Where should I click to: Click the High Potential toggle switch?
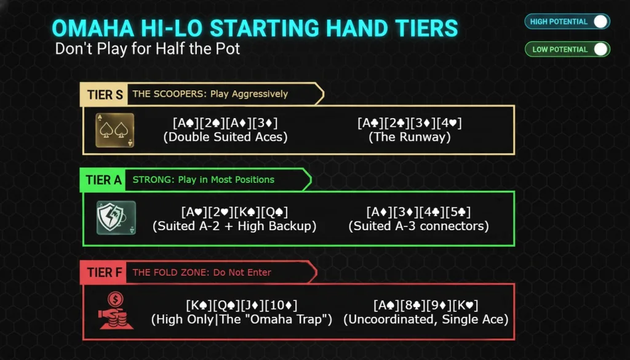pyautogui.click(x=600, y=22)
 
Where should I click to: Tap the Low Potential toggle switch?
pyautogui.click(x=600, y=49)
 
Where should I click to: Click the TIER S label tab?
pyautogui.click(x=105, y=94)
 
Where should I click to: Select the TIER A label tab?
pyautogui.click(x=103, y=180)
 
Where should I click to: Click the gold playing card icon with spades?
pyautogui.click(x=114, y=130)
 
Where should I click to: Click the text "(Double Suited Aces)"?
pyautogui.click(x=226, y=137)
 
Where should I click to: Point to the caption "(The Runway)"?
pyautogui.click(x=410, y=137)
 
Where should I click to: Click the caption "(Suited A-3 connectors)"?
pyautogui.click(x=418, y=226)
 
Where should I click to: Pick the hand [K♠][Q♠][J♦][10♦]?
pyautogui.click(x=242, y=305)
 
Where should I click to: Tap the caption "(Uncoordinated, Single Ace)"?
pyautogui.click(x=426, y=319)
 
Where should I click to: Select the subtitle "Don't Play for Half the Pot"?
pyautogui.click(x=148, y=49)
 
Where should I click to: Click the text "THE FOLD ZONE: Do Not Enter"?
pyautogui.click(x=202, y=273)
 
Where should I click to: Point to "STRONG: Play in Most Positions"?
pyautogui.click(x=204, y=180)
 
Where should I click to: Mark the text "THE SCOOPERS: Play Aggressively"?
pyautogui.click(x=210, y=94)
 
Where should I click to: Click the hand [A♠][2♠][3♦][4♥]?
pyautogui.click(x=410, y=123)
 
